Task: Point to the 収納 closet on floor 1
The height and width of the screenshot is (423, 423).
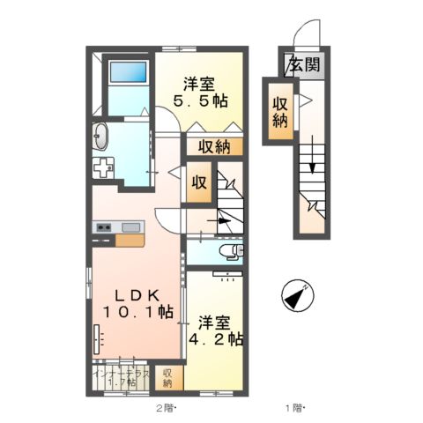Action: (x=280, y=111)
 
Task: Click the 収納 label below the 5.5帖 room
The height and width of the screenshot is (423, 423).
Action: (x=214, y=147)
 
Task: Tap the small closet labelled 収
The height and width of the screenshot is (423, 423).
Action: (x=199, y=183)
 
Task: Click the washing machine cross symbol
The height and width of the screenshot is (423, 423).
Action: (x=105, y=167)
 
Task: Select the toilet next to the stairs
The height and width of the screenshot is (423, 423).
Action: (x=233, y=254)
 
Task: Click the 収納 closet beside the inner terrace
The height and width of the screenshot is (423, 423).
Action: (x=168, y=377)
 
